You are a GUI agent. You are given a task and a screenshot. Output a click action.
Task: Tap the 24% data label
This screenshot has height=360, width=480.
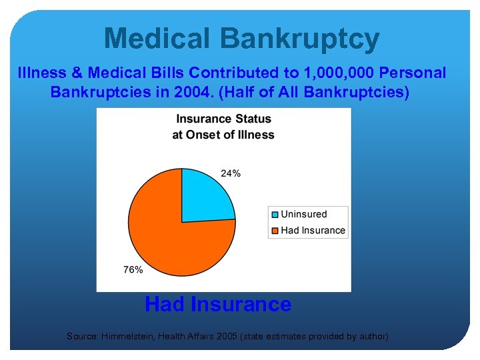tap(231, 173)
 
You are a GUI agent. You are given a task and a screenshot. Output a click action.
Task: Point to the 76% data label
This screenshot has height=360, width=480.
tap(133, 269)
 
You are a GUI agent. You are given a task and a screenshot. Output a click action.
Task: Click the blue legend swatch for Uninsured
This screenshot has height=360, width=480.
tap(275, 215)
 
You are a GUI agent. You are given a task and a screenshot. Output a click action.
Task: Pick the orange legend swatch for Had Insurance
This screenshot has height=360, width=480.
tap(275, 231)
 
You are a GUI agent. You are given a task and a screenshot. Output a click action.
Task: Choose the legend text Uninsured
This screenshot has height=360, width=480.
tap(303, 215)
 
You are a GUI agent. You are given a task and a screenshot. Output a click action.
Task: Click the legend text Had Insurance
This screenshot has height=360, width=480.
tap(313, 231)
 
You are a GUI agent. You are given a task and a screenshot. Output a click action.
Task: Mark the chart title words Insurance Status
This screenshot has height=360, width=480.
tap(223, 119)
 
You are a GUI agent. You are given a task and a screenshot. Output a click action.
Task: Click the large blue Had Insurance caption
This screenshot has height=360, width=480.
tap(218, 305)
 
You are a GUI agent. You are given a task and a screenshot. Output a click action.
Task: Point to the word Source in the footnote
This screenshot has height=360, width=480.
tap(83, 337)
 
